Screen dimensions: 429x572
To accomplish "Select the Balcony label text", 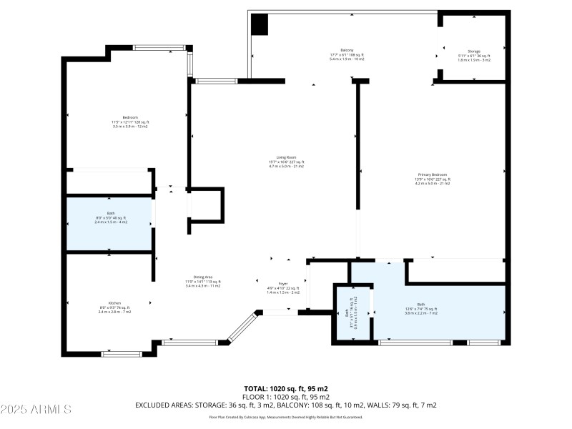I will point(347,54).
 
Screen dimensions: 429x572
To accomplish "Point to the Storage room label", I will point(473,55).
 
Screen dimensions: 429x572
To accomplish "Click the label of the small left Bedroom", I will point(129,121).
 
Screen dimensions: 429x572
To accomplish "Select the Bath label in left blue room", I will point(110,218).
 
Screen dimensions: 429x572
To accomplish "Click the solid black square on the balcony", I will point(260,24).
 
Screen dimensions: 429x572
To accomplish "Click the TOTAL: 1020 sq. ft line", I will point(286,388).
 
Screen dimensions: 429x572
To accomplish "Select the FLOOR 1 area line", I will point(286,396).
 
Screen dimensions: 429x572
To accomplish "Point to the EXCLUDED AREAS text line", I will point(286,405).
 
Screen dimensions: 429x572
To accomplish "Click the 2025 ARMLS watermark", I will point(36,410).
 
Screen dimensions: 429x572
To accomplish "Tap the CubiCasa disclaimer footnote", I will point(286,417).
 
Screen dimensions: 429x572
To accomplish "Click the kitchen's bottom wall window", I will point(122,352).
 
